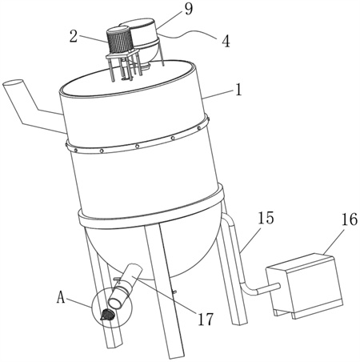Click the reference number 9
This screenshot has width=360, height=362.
click(x=188, y=9)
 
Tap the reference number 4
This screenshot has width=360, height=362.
click(x=226, y=42)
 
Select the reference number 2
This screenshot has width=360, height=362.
click(x=74, y=36)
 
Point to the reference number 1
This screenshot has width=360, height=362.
click(x=238, y=90)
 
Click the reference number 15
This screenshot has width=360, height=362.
click(x=266, y=218)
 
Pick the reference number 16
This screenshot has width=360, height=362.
click(x=349, y=219)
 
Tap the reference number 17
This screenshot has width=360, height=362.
click(x=205, y=319)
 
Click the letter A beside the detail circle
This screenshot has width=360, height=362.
click(x=61, y=297)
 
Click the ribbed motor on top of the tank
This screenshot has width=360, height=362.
click(x=119, y=40)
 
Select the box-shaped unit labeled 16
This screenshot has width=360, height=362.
click(x=304, y=286)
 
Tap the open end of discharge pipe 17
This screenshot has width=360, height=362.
click(x=115, y=303)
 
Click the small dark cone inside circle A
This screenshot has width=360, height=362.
click(x=107, y=315)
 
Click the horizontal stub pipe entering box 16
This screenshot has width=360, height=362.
click(x=269, y=288)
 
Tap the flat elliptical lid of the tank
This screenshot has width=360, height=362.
click(x=127, y=78)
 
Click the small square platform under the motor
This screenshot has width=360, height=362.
click(x=122, y=55)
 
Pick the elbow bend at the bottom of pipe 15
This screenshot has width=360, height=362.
click(x=247, y=289)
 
